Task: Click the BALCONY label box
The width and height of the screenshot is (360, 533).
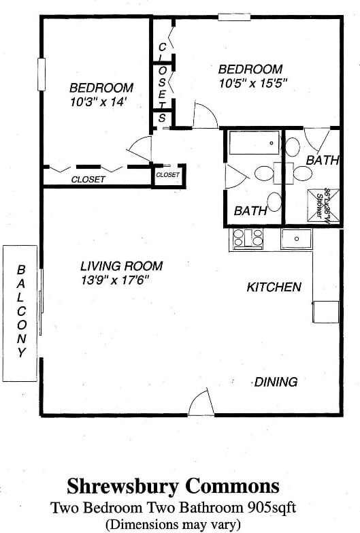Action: point(20,313)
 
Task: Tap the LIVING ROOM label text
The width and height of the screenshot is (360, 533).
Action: point(121,266)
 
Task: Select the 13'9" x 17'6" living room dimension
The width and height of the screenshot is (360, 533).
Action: point(114,280)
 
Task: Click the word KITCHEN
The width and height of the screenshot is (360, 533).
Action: point(274,288)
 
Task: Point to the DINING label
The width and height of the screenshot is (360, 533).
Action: point(276,382)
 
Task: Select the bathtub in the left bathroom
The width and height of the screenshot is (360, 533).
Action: point(253,144)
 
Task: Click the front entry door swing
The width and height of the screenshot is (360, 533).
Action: point(200,403)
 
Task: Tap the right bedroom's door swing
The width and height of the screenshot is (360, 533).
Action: point(205,116)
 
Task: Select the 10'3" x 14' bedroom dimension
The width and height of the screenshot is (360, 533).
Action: point(100,102)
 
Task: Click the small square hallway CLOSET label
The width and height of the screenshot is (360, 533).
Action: point(168,175)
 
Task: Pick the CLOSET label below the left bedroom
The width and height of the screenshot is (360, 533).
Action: point(88,180)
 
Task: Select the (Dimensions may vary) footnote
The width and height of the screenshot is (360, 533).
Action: point(173,523)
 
